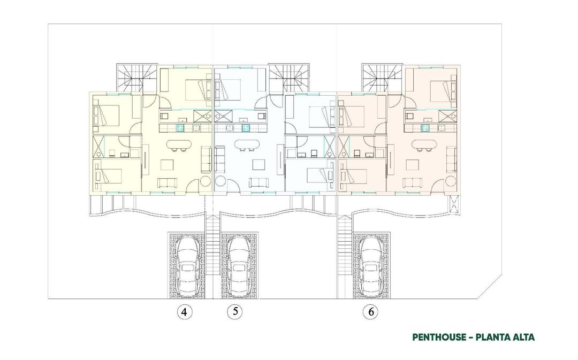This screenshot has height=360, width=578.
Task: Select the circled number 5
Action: [x=234, y=312]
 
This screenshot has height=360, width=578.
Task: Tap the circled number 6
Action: [x=370, y=312]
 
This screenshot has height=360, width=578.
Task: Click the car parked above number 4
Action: [x=187, y=265]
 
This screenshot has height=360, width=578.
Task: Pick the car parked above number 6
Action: [x=370, y=265]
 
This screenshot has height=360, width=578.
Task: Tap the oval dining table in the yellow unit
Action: [x=178, y=144]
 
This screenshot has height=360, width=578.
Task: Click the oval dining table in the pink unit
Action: [x=423, y=144]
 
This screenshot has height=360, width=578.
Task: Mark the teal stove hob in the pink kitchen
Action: [x=426, y=127]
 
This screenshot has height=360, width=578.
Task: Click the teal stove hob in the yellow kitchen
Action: [x=181, y=127]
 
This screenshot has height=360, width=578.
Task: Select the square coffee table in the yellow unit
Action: [x=168, y=163]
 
